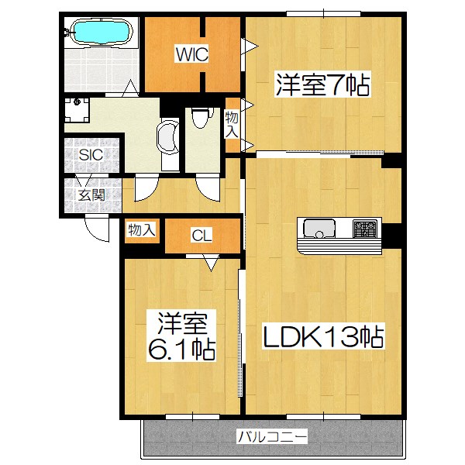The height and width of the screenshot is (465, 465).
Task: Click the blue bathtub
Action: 98,33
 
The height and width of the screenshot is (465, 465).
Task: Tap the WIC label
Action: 190,53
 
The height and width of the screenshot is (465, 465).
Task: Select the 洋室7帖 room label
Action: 321,83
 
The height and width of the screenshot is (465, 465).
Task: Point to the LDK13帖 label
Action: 324,337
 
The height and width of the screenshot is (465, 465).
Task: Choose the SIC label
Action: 91,154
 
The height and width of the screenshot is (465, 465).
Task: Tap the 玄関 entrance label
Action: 91,195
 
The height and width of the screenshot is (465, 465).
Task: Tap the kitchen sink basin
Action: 319,229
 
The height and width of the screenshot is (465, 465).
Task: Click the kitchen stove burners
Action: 365,229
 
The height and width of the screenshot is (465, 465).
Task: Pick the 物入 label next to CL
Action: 143,229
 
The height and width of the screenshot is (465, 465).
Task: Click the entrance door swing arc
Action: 97,228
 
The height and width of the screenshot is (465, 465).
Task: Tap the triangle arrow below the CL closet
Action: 211,263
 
